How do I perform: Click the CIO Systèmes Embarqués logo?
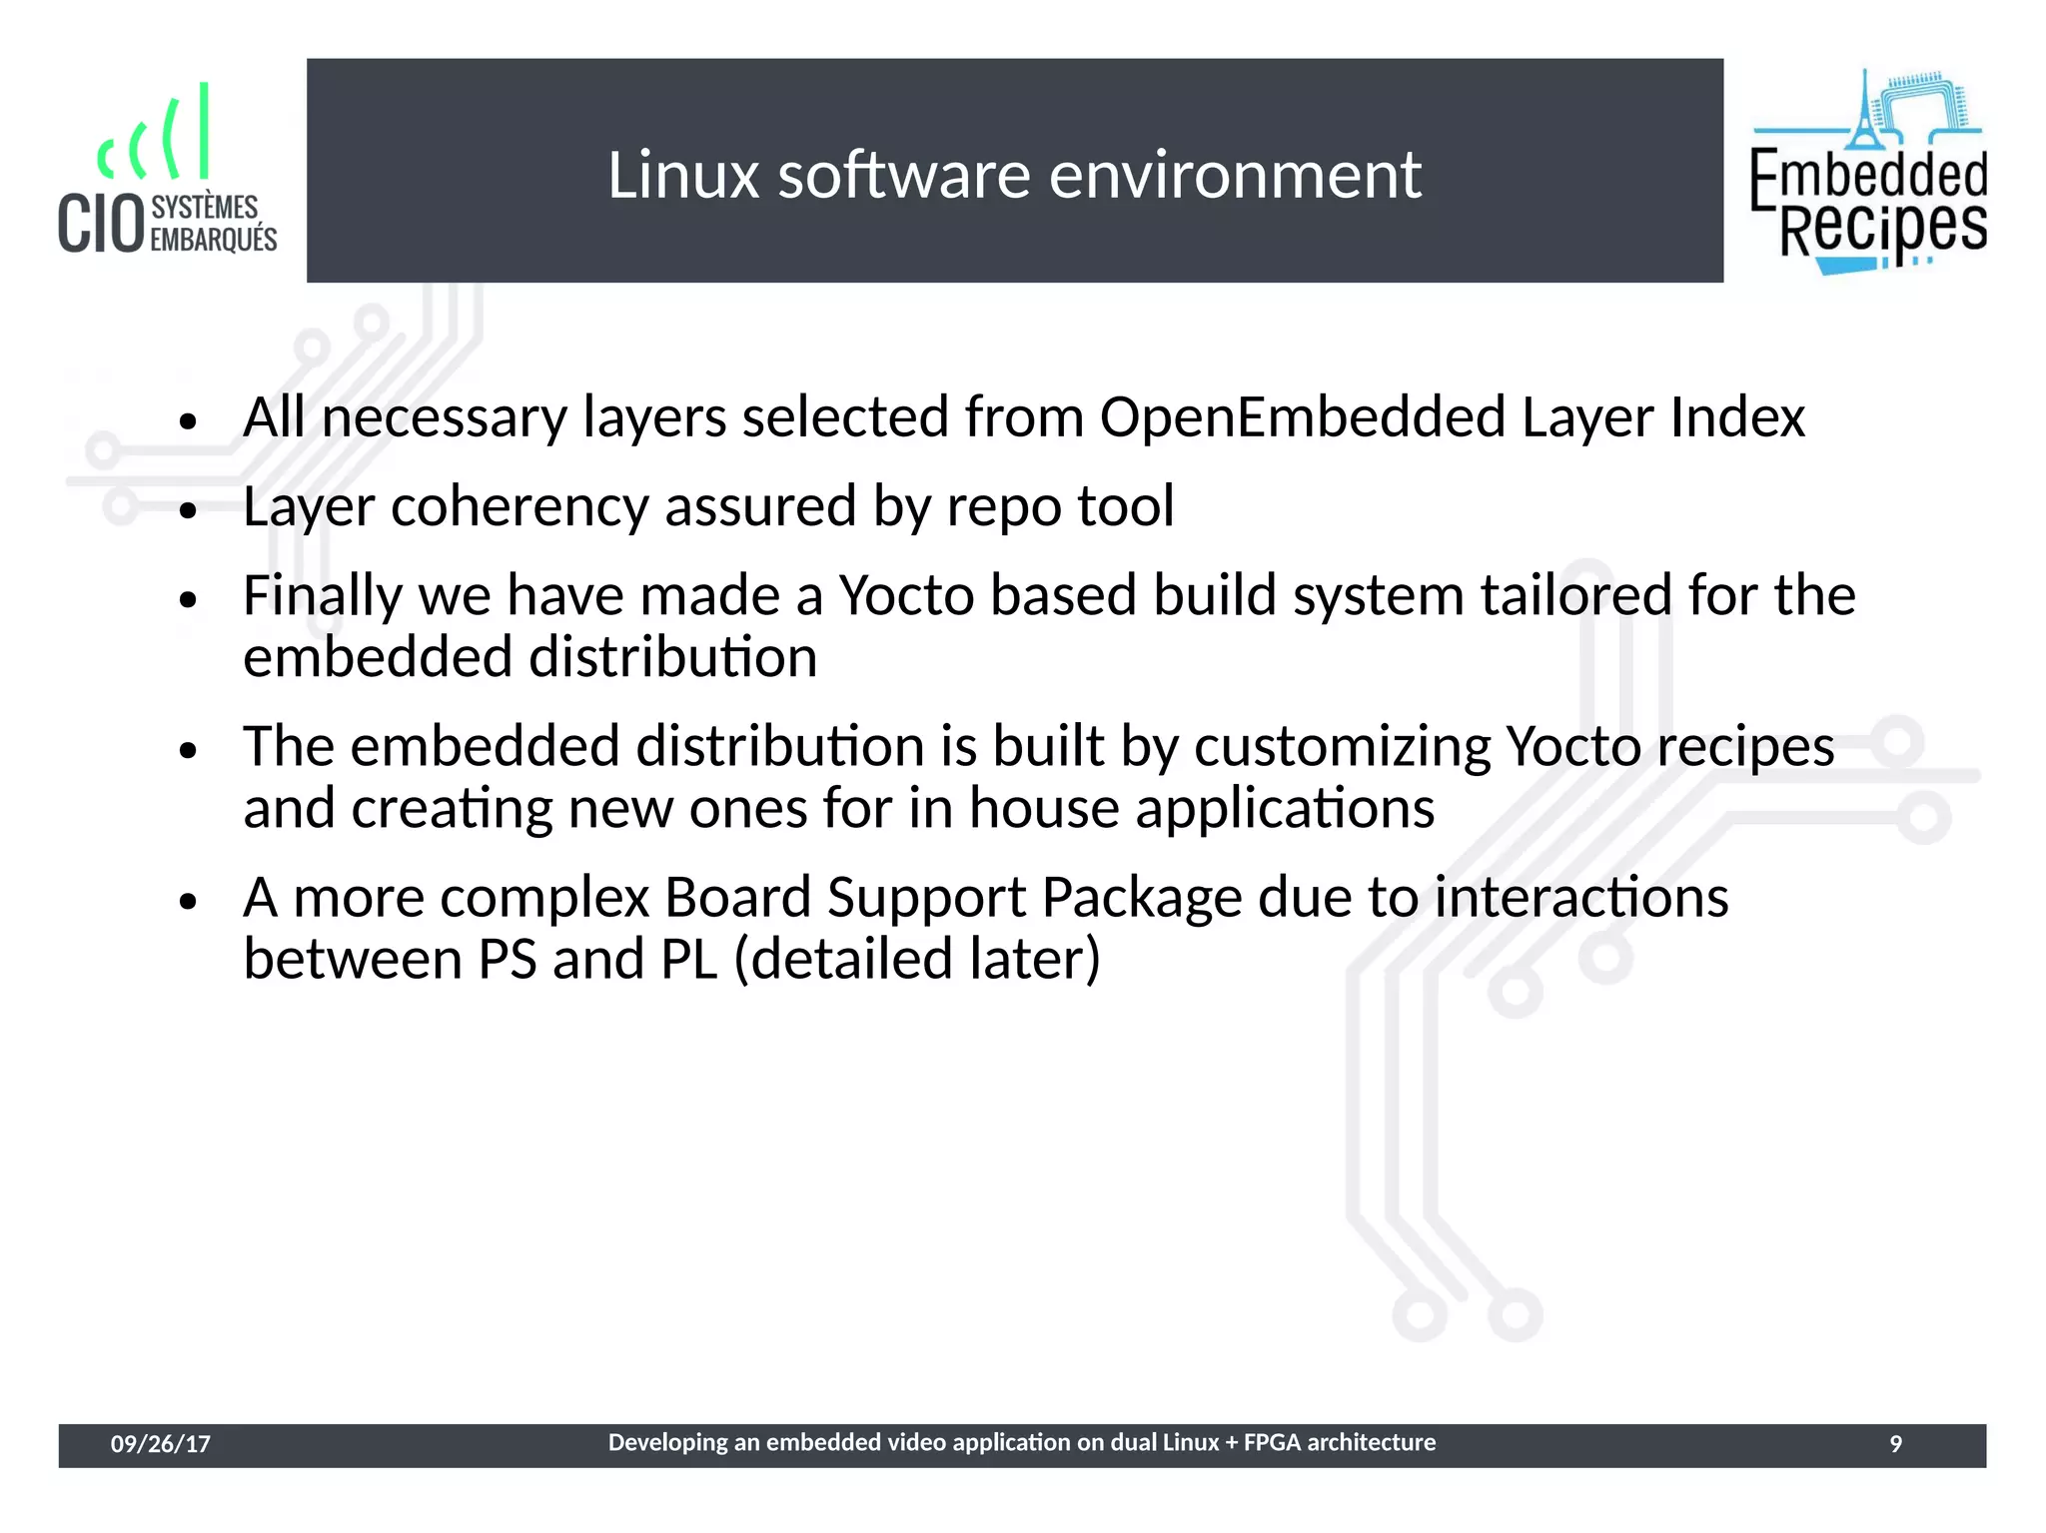click(168, 170)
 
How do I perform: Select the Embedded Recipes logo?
click(1868, 172)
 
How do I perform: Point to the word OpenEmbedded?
click(1302, 416)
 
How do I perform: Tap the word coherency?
click(519, 507)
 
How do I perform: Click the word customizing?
click(1342, 747)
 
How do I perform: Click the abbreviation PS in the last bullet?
click(508, 960)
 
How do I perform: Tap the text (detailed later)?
click(916, 960)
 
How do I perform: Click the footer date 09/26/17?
click(160, 1444)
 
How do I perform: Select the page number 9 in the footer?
click(1895, 1444)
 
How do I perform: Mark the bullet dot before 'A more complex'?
click(189, 902)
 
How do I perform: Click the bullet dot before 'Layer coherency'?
click(189, 511)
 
